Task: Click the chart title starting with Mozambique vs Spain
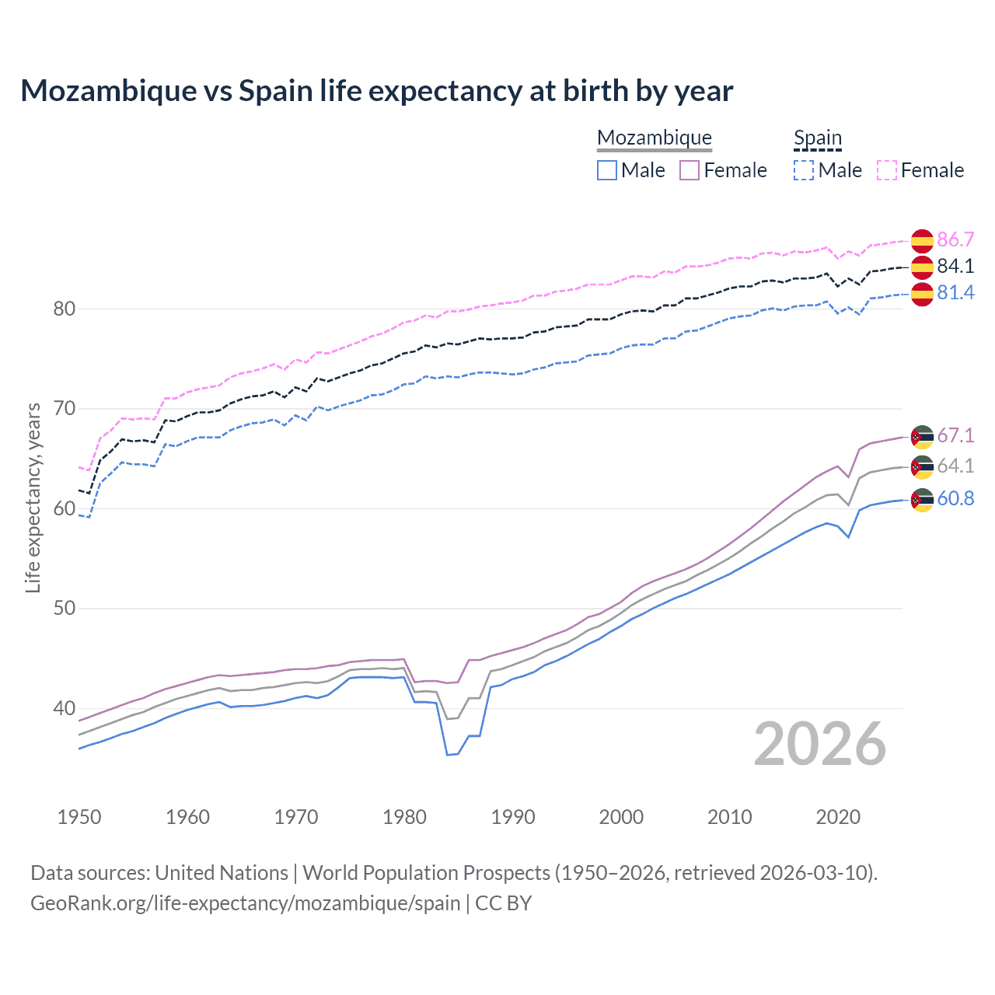(376, 91)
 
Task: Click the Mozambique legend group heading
(655, 138)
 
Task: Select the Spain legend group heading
(817, 138)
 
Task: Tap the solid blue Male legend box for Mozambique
(607, 170)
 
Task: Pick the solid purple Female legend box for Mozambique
(690, 170)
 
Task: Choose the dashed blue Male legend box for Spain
(804, 170)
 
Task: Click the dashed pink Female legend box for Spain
(887, 170)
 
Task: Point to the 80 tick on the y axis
(64, 309)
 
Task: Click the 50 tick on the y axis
(64, 609)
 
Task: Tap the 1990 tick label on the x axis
(513, 817)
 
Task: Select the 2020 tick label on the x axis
(838, 817)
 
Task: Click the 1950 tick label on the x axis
(79, 817)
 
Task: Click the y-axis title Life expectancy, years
(33, 497)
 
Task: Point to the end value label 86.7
(955, 239)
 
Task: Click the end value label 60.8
(955, 498)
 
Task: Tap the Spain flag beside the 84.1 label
(922, 267)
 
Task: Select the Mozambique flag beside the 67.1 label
(922, 436)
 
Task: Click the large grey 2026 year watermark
(820, 744)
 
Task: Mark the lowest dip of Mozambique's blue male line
(449, 754)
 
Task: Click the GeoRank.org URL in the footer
(246, 903)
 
